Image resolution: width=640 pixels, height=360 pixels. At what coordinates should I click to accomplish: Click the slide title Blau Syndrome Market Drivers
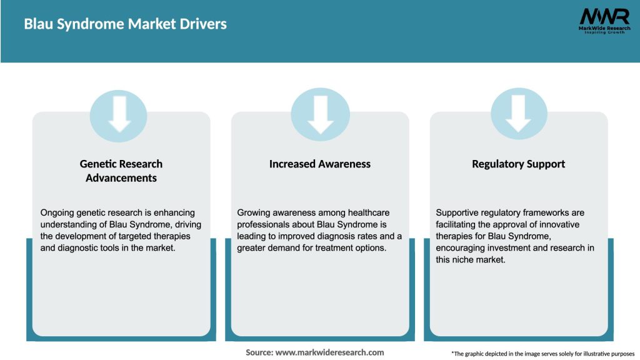tap(125, 24)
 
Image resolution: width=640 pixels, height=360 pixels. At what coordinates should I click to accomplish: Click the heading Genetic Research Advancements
tap(121, 171)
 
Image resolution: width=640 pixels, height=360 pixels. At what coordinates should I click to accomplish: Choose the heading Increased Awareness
tap(320, 164)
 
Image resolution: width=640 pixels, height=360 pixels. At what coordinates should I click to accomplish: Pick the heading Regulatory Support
tap(519, 164)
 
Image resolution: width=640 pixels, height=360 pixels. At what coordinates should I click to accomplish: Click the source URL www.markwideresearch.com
tap(330, 352)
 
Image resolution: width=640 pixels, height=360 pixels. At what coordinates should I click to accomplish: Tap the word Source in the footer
tap(259, 352)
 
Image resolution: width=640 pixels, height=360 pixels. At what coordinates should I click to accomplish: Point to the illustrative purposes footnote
tap(542, 354)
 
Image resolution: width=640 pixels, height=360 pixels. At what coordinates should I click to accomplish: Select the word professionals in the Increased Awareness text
tap(265, 224)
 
